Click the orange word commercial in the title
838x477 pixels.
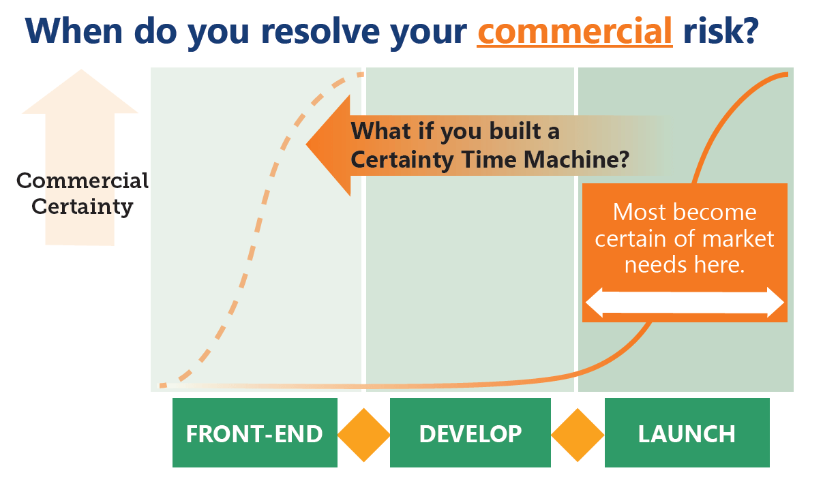[575, 31]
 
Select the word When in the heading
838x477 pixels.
[74, 31]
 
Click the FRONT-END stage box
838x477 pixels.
[255, 433]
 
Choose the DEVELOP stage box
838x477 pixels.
[470, 433]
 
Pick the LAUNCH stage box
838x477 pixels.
[687, 433]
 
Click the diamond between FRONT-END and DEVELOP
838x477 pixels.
[363, 435]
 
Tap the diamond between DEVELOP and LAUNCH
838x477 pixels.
[578, 435]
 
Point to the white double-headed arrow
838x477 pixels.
[685, 303]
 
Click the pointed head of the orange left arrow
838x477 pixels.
[307, 144]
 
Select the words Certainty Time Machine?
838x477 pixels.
[490, 160]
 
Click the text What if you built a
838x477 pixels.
[455, 132]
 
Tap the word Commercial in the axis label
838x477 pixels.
[83, 181]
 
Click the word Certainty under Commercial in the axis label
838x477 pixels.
[83, 206]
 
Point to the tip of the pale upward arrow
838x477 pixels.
[81, 70]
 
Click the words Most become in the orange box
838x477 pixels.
[685, 212]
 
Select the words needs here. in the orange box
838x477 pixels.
[685, 264]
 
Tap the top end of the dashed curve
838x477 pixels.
[363, 75]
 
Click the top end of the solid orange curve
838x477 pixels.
[788, 74]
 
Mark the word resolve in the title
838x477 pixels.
[320, 31]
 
